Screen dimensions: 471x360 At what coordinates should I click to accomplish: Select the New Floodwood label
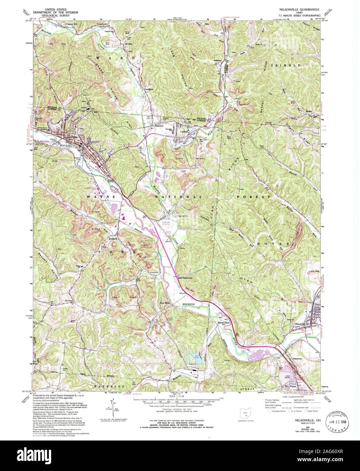[185, 278]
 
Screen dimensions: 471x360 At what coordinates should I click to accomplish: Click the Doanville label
[181, 216]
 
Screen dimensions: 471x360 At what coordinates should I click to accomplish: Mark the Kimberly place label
[112, 239]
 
